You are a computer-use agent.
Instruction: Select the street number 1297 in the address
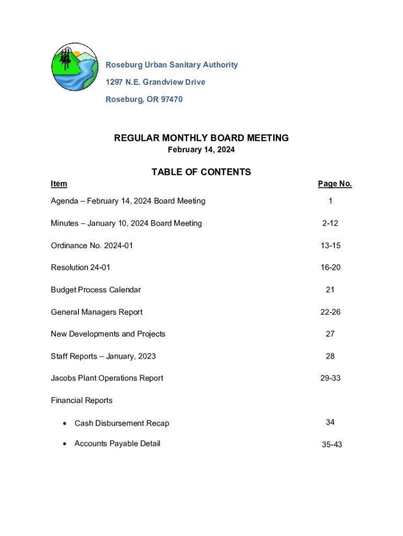click(x=115, y=82)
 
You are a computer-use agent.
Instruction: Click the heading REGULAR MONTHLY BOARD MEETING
click(x=201, y=138)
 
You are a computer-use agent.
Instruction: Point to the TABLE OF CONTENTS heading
click(x=201, y=172)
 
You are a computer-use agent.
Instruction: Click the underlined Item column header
click(x=59, y=184)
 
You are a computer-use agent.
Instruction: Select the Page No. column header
click(x=334, y=184)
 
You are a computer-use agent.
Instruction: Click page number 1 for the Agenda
click(x=330, y=201)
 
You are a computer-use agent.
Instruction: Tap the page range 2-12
click(x=330, y=224)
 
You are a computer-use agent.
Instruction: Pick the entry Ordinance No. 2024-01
click(x=92, y=245)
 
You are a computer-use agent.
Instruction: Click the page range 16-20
click(x=330, y=267)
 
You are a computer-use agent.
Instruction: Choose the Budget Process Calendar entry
click(x=96, y=290)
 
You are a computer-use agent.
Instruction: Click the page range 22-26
click(x=330, y=312)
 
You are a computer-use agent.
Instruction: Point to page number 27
click(x=330, y=334)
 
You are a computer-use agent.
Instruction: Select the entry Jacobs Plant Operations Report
click(x=107, y=378)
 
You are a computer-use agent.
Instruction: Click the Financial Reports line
click(x=82, y=400)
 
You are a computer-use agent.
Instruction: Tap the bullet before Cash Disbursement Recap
click(x=64, y=423)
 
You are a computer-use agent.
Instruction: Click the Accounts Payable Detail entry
click(x=117, y=444)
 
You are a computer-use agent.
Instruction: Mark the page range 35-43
click(x=332, y=445)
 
